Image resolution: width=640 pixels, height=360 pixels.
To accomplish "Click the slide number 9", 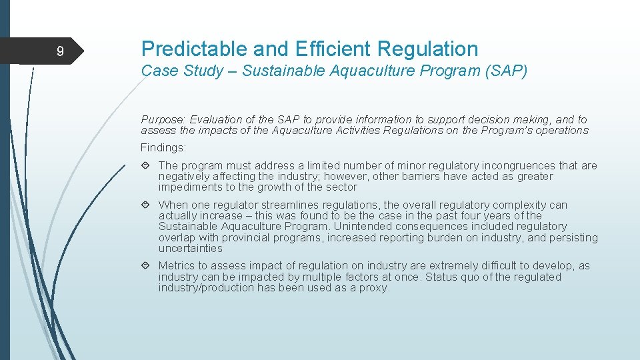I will tap(60, 51).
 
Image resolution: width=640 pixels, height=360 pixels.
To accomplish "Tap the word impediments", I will tap(188, 187).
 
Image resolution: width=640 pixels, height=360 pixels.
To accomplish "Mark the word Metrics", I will tap(177, 266).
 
